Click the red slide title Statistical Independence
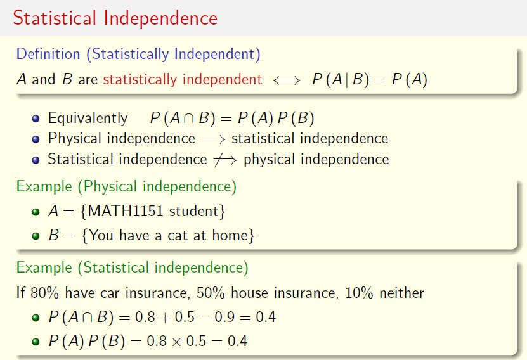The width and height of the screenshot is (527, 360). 115,18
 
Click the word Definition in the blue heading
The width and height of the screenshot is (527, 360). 48,54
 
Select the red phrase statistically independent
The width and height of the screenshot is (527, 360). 183,80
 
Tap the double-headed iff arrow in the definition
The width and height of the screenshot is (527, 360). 287,80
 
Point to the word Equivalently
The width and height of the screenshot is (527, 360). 88,119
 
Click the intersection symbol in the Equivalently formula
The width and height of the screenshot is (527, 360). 189,119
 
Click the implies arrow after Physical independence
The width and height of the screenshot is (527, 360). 214,139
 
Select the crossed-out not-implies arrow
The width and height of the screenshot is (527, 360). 225,160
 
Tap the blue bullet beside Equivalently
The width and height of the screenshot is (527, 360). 36,119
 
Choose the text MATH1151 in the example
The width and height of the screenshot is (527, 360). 126,211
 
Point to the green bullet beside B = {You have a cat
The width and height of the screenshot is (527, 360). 36,236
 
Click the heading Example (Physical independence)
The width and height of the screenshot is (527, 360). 126,186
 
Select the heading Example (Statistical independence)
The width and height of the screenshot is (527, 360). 133,267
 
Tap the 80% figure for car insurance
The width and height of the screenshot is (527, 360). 44,293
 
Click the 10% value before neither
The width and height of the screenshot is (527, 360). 359,293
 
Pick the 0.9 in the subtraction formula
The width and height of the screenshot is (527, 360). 224,317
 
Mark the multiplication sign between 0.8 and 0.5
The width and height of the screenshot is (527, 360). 176,342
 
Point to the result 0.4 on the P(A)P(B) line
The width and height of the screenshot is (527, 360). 238,341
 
